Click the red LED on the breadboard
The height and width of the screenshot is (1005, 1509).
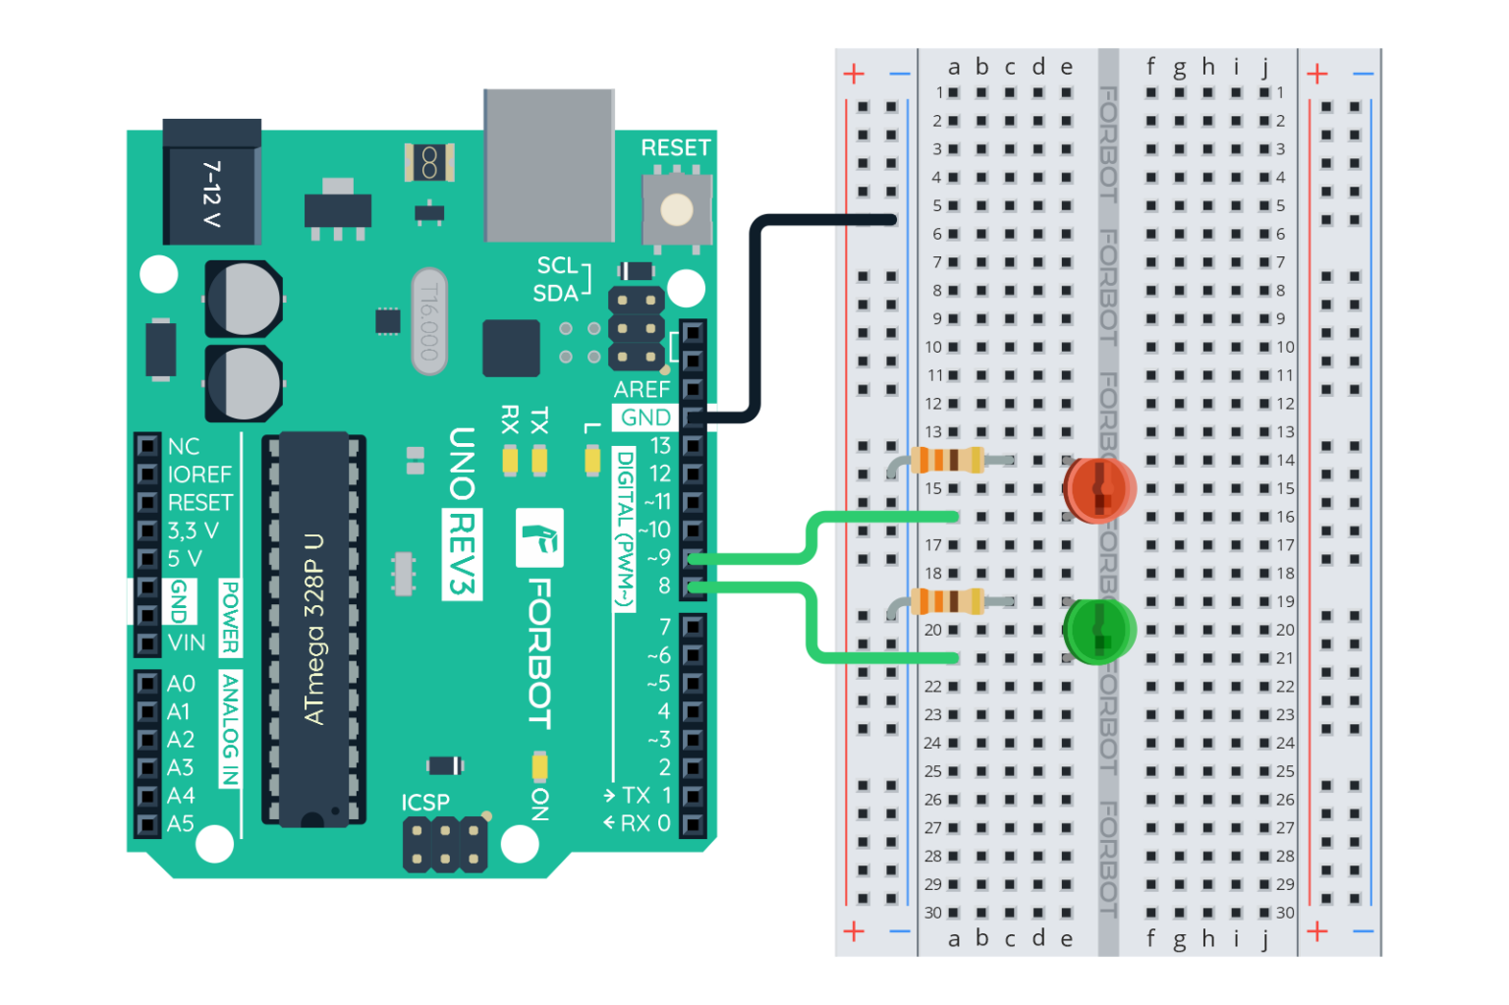[1098, 488]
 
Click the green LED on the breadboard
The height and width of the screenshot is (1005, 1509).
[1098, 630]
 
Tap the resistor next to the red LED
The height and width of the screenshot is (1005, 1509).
[947, 460]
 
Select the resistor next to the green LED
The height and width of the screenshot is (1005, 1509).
[947, 601]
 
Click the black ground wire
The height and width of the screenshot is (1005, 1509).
[754, 314]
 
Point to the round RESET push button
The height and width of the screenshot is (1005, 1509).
[676, 209]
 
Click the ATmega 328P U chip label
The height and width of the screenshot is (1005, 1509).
[314, 630]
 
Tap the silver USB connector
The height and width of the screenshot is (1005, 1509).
[548, 165]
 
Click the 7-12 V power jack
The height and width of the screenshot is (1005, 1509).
[211, 187]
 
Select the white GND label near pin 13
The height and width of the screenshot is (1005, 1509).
[645, 418]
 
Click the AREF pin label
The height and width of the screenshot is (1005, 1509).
[642, 389]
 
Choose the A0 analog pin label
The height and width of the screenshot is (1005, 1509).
[181, 684]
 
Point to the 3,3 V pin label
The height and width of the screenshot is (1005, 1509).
[193, 530]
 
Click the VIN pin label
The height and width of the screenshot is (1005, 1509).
[187, 643]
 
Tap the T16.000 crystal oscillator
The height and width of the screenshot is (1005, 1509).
[428, 321]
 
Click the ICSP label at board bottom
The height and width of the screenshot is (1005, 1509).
[425, 803]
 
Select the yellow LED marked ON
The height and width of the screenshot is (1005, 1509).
[539, 765]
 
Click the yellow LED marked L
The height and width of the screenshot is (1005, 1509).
[592, 460]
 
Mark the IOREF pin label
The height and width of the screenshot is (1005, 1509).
[199, 475]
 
